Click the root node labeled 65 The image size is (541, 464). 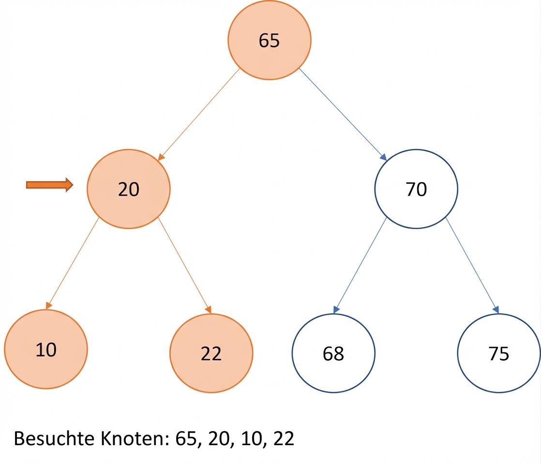point(270,40)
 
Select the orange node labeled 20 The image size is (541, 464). point(129,189)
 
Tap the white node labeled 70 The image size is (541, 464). point(416,189)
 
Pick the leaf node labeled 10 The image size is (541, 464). point(46,349)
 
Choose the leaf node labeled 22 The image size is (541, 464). point(211,353)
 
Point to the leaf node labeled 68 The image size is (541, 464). point(333,353)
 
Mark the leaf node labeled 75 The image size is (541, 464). point(499,353)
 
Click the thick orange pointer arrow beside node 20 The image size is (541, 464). point(50,185)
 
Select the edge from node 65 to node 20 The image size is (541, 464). point(199,115)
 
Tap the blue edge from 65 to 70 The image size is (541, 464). point(343,115)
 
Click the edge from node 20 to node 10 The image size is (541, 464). point(73,263)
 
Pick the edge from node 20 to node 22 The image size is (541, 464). point(184,265)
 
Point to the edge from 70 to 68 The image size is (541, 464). point(360,265)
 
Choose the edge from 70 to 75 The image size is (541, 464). point(472,265)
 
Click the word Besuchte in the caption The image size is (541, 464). point(54,438)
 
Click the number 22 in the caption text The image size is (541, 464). point(284,438)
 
